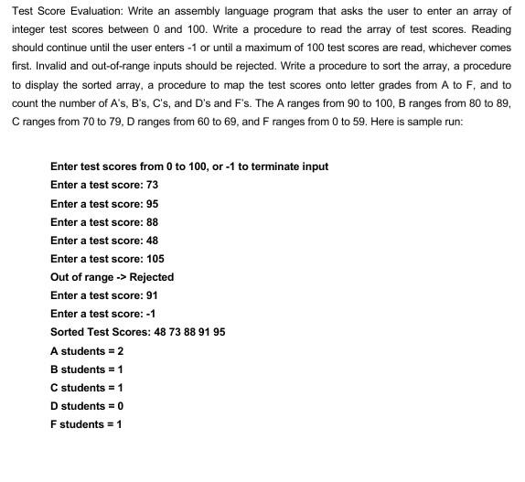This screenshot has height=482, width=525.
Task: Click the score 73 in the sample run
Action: pyautogui.click(x=152, y=185)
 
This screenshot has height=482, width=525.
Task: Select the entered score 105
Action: pyautogui.click(x=155, y=259)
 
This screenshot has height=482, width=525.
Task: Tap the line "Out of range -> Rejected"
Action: pyautogui.click(x=112, y=277)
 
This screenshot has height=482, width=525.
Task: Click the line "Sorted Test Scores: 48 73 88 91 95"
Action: pyautogui.click(x=137, y=332)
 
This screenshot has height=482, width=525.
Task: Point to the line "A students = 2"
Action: pyautogui.click(x=87, y=351)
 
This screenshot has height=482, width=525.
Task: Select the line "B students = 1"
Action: pyautogui.click(x=87, y=370)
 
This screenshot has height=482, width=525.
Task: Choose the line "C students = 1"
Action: pyautogui.click(x=87, y=388)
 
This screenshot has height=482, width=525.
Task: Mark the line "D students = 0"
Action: pyautogui.click(x=87, y=406)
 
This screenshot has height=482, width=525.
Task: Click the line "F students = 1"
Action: pyautogui.click(x=86, y=424)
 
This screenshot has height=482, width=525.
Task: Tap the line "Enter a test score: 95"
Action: pyautogui.click(x=104, y=203)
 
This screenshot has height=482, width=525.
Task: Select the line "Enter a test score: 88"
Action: pyautogui.click(x=104, y=222)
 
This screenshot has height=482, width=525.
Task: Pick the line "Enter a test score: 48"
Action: pyautogui.click(x=104, y=241)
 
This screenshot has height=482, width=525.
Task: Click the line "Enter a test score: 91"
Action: pyautogui.click(x=104, y=295)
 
